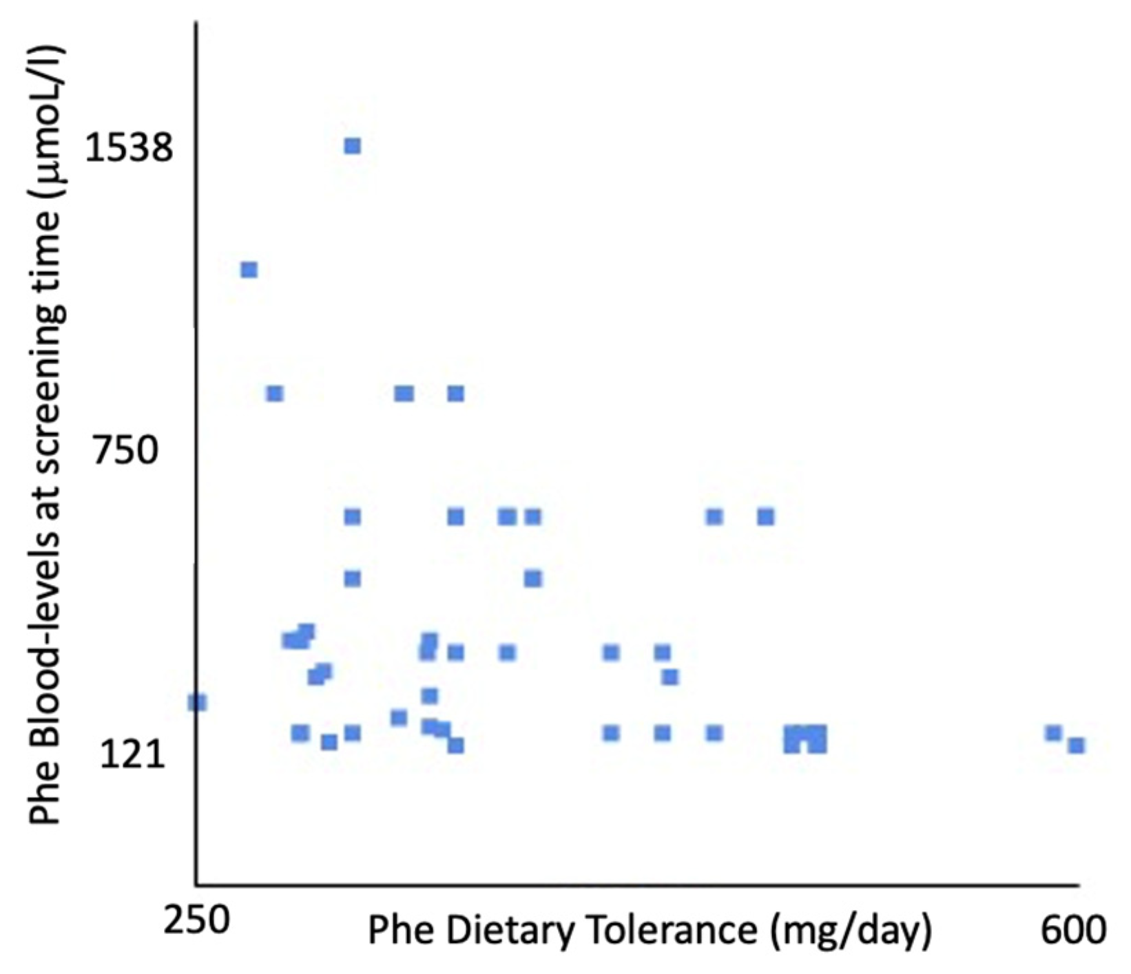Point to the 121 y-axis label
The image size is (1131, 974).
[x=132, y=754]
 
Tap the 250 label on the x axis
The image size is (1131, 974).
[x=196, y=921]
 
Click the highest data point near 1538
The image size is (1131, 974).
[x=352, y=146]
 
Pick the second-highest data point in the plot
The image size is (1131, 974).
[x=249, y=270]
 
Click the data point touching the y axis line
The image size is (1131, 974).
[x=198, y=702]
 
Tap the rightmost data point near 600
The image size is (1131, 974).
[x=1077, y=745]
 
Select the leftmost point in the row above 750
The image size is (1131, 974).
[x=275, y=394]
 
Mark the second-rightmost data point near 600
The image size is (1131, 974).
[x=1052, y=733]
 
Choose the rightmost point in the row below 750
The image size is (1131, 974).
[x=765, y=516]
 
